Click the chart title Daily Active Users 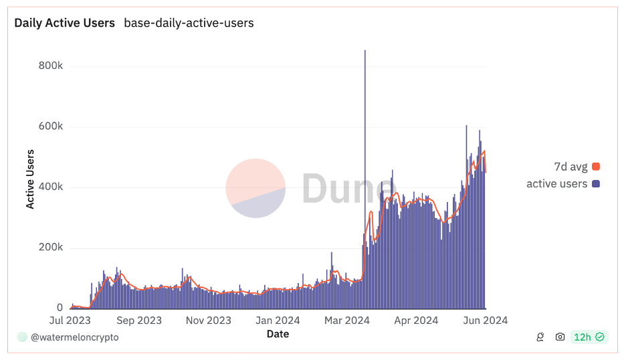[64, 23]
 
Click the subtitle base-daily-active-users [189, 23]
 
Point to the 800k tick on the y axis [50, 66]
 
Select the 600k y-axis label [50, 127]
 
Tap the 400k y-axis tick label [50, 187]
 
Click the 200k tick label [50, 248]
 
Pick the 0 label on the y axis [60, 308]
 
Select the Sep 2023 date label [139, 321]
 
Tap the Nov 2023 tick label [209, 321]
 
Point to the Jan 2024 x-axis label [278, 321]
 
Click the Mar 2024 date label [347, 321]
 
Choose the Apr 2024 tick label [416, 321]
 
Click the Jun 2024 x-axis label [485, 321]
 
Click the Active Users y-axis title [30, 180]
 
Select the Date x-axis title [278, 333]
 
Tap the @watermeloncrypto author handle [74, 337]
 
